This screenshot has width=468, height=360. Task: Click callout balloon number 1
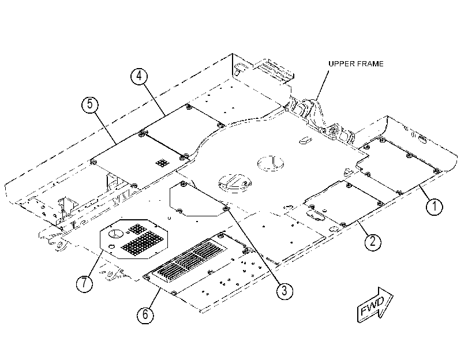point(435,207)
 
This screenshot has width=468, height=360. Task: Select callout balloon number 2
point(373,241)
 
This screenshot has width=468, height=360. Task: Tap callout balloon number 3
point(284,290)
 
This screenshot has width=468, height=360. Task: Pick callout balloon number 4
point(139,76)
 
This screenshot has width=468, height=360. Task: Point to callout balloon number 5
point(90,104)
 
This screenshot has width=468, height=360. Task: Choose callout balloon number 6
point(145,314)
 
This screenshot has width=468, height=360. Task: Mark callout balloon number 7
point(84,282)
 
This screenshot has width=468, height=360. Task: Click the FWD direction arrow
point(375,305)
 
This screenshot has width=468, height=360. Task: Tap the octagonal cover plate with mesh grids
point(133,239)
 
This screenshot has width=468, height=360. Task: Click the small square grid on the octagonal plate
point(137,229)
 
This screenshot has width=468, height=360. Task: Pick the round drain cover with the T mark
point(271,163)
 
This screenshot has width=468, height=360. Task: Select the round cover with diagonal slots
point(235,183)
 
